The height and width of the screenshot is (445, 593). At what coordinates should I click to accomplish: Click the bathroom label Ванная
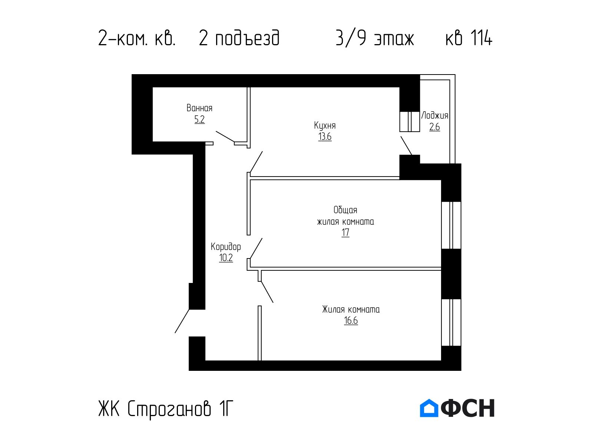click(199, 108)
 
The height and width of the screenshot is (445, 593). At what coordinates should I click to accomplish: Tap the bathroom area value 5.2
click(199, 119)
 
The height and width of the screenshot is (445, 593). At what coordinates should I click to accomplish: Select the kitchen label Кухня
click(325, 125)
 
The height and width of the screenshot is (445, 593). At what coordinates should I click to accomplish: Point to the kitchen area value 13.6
click(325, 136)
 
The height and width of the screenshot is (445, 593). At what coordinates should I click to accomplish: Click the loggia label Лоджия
click(435, 115)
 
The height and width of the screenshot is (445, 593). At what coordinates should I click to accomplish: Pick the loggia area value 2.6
click(434, 127)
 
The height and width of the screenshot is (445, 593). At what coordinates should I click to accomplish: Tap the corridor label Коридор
click(226, 247)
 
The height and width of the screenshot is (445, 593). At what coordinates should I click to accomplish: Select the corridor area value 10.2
click(226, 258)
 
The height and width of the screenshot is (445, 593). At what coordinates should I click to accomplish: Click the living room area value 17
click(345, 233)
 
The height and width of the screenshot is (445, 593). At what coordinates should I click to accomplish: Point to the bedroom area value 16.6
click(351, 320)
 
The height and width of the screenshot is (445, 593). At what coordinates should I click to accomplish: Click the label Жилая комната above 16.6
click(351, 309)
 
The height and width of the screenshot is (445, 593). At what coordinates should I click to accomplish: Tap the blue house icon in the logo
click(429, 408)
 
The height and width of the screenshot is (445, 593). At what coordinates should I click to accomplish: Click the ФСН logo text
click(468, 408)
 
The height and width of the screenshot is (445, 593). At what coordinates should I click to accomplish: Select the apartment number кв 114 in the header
click(468, 38)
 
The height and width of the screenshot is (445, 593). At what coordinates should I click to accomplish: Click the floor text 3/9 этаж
click(374, 38)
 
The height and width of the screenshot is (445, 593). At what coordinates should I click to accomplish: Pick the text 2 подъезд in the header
click(239, 38)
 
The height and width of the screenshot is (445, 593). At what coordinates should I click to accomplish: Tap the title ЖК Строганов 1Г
click(166, 409)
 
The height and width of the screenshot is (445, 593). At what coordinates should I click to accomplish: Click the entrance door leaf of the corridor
click(182, 321)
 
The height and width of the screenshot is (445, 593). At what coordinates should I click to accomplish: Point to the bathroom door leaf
click(225, 136)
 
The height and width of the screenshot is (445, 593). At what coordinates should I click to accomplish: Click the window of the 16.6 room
click(451, 322)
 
